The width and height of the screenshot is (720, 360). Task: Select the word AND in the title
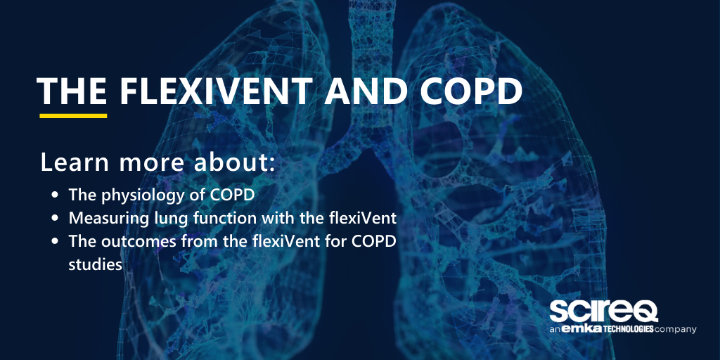click(x=382, y=91)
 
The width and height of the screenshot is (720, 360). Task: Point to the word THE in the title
click(x=72, y=91)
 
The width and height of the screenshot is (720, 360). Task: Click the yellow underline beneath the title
click(x=73, y=115)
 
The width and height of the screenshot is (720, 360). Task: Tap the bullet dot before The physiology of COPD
click(x=56, y=193)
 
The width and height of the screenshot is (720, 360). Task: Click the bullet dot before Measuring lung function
click(x=56, y=218)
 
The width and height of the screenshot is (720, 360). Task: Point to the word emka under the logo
click(x=579, y=329)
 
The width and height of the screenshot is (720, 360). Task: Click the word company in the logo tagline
click(x=676, y=329)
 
